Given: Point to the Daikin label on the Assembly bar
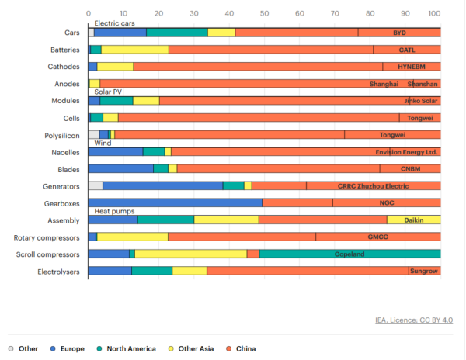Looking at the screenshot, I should pyautogui.click(x=414, y=220).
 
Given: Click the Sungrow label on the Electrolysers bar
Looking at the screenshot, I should pyautogui.click(x=424, y=271).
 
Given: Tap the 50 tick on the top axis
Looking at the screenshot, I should pyautogui.click(x=264, y=13).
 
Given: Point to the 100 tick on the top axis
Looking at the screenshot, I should pyautogui.click(x=435, y=13).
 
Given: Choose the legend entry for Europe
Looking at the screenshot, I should pyautogui.click(x=68, y=348).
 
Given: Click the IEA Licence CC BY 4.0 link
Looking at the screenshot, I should pyautogui.click(x=415, y=320).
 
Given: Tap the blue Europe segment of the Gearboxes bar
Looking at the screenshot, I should pyautogui.click(x=176, y=202).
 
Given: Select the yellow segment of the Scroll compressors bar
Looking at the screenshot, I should pyautogui.click(x=190, y=254).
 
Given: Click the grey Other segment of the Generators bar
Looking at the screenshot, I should pyautogui.click(x=95, y=185).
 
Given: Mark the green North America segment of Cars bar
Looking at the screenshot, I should pyautogui.click(x=177, y=33).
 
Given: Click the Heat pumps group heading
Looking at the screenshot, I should pyautogui.click(x=115, y=211).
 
